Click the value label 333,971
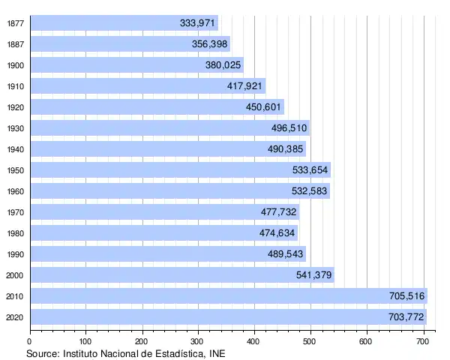(x=198, y=23)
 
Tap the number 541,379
(x=314, y=275)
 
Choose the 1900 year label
(x=14, y=65)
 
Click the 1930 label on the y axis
(x=14, y=128)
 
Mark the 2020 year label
(x=14, y=317)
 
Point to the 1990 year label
(x=14, y=254)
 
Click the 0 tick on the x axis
(x=30, y=340)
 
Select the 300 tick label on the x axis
(x=198, y=340)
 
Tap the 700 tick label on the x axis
(x=423, y=340)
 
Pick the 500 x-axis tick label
(x=310, y=340)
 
